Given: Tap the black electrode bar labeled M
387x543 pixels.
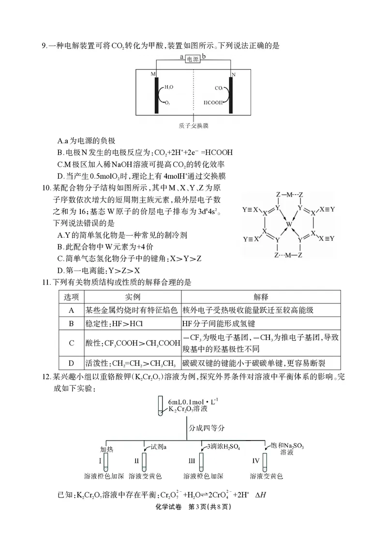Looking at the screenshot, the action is pyautogui.click(x=157, y=95).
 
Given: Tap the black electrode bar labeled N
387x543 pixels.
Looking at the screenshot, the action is pyautogui.click(x=231, y=95).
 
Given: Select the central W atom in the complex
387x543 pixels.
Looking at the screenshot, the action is pyautogui.click(x=289, y=225).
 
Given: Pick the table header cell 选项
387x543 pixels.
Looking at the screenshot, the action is pyautogui.click(x=71, y=296).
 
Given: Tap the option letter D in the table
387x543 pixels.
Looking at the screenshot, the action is pyautogui.click(x=71, y=362).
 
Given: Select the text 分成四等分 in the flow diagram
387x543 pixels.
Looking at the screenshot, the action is pyautogui.click(x=207, y=428).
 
